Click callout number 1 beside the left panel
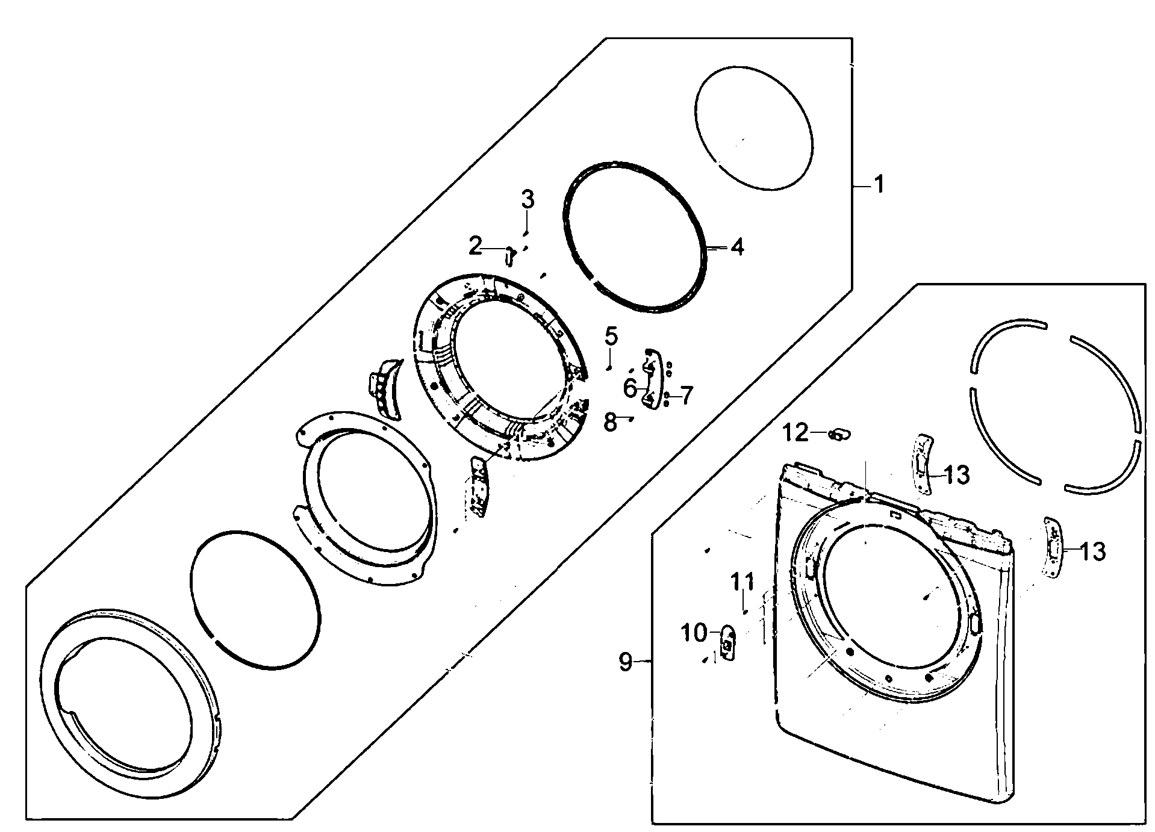click(879, 184)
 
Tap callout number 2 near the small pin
click(475, 246)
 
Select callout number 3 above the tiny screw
click(528, 200)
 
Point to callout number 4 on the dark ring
click(737, 247)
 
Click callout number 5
click(611, 336)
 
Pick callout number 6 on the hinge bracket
click(630, 388)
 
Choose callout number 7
click(686, 396)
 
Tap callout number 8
click(611, 422)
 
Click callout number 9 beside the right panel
click(626, 662)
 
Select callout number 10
click(693, 633)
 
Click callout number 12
click(795, 432)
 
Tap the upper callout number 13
click(956, 475)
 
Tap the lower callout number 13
click(1092, 551)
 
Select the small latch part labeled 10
click(727, 644)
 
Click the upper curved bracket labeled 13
click(922, 464)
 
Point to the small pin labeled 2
click(509, 256)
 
